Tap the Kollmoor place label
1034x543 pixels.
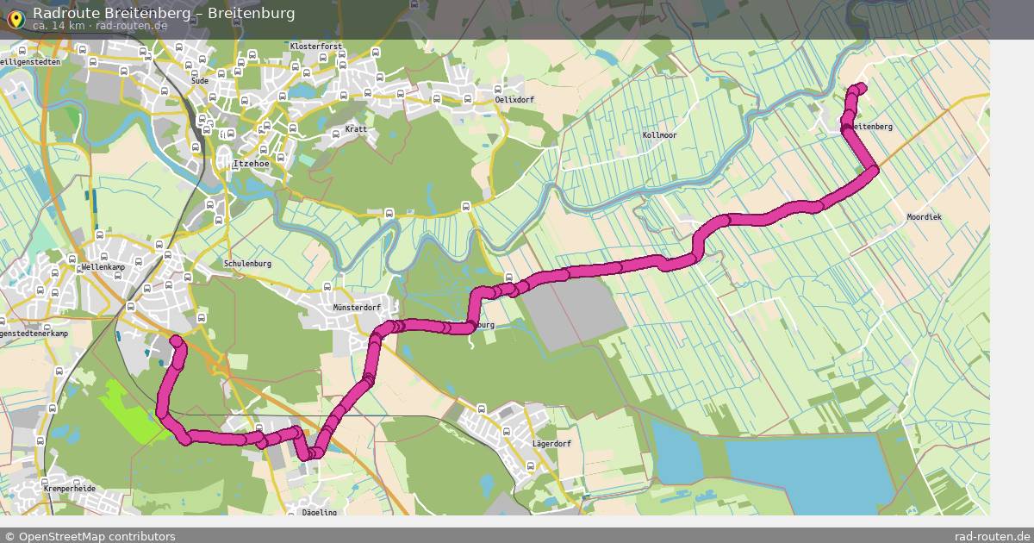tap(659, 135)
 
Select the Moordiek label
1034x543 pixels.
tap(924, 217)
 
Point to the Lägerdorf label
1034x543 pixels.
tap(551, 444)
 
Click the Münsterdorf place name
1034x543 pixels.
tap(356, 307)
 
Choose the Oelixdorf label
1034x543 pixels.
tap(514, 100)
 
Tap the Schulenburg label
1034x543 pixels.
tap(247, 264)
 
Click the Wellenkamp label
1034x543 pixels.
tap(105, 267)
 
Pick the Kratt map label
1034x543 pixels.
tap(355, 129)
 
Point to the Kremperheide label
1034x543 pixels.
tap(69, 489)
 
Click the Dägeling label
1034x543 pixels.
tap(319, 512)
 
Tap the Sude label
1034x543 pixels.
tap(199, 80)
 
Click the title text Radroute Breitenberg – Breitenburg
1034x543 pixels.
tap(164, 13)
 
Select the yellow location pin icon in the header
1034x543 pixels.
tap(15, 19)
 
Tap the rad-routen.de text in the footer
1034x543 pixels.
tap(992, 536)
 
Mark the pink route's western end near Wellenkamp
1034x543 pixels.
tap(176, 341)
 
